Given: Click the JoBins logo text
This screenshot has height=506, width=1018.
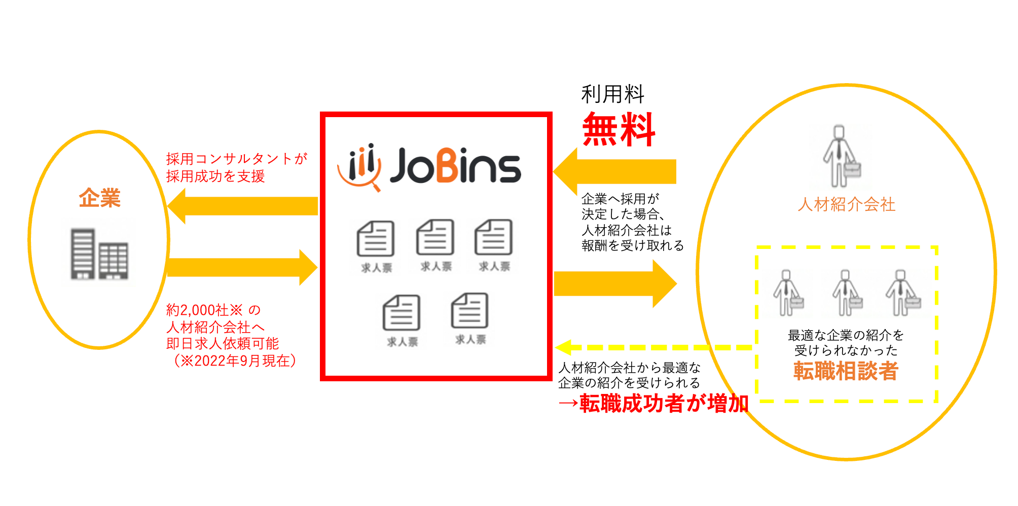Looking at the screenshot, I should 455,166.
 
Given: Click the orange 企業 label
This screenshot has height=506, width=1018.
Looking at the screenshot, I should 100,198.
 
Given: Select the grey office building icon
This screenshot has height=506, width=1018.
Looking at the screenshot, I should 99,254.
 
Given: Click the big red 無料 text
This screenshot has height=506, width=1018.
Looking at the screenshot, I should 619,130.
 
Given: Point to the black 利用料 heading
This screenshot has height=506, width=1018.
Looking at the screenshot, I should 612,94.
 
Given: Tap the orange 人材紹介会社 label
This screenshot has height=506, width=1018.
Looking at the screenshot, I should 846,204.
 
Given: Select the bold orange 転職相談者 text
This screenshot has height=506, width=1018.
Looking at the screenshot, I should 846,371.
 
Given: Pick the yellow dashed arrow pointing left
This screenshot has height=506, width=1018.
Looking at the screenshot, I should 654,348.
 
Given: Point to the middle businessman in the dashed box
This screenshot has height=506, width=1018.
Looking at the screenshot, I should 846,293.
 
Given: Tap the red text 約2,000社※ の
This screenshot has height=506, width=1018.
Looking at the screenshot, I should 213,310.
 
